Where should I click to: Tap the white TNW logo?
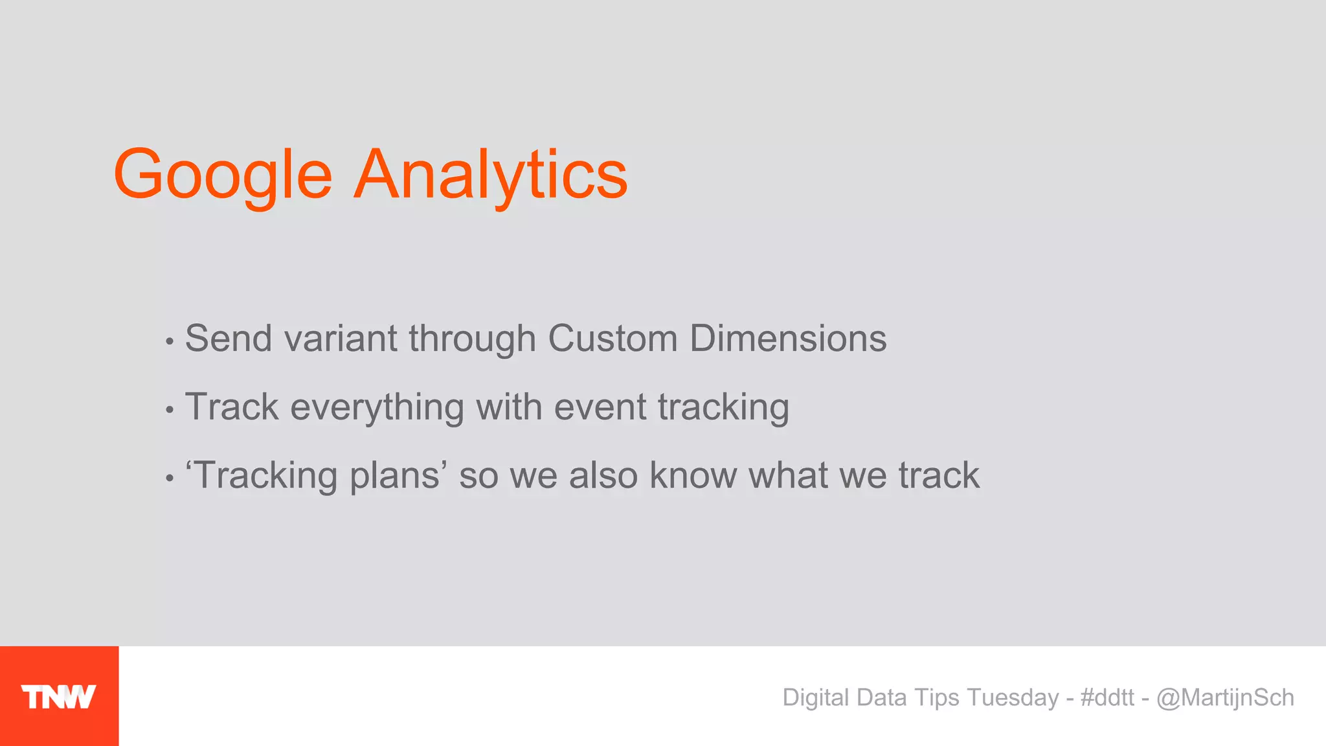tap(58, 697)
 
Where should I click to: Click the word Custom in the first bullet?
tap(612, 339)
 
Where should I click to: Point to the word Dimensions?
tap(787, 339)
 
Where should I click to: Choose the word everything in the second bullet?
tap(377, 408)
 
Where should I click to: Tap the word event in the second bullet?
tap(600, 408)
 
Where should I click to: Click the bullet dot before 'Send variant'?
tap(170, 341)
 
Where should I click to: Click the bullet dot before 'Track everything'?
tap(170, 410)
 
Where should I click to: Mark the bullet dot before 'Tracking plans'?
tap(170, 479)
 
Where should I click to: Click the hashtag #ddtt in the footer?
tap(1107, 697)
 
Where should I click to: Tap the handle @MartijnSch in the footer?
tap(1225, 697)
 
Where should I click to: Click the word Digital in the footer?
tap(816, 697)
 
